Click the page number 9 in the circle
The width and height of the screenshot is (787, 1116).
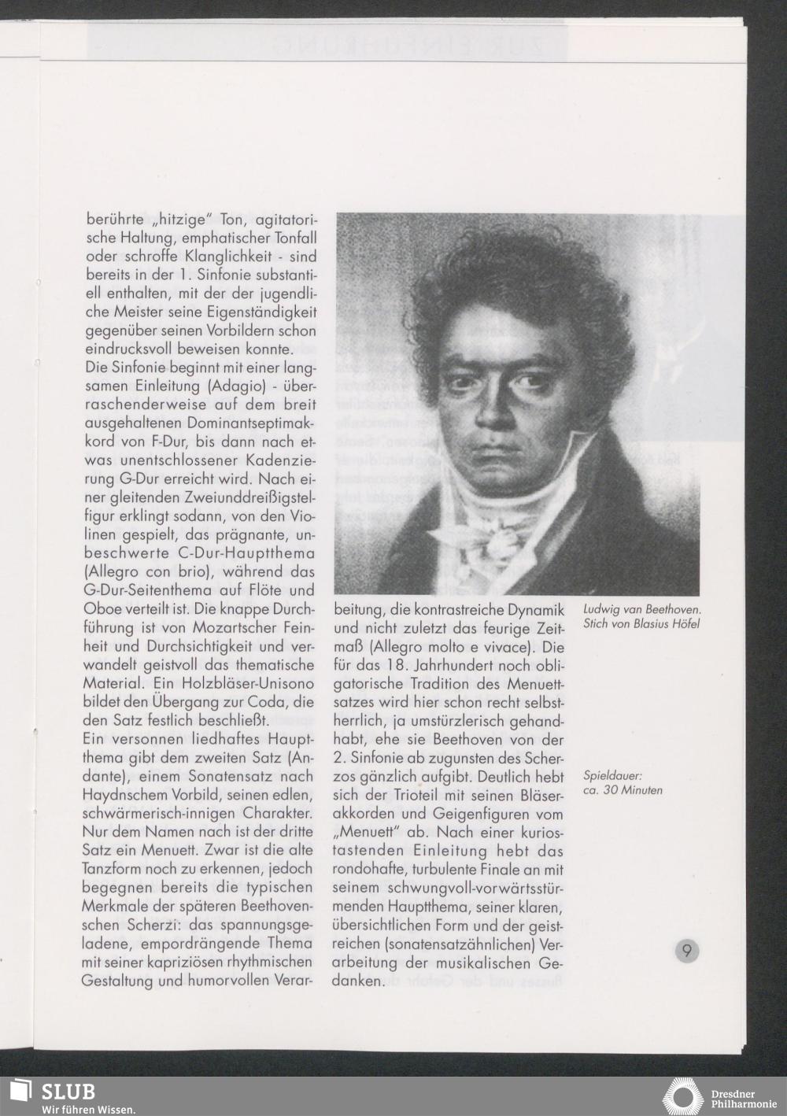[x=687, y=952]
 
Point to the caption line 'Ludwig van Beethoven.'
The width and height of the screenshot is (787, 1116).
[x=642, y=609]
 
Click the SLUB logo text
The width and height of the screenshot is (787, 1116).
[x=68, y=1092]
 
